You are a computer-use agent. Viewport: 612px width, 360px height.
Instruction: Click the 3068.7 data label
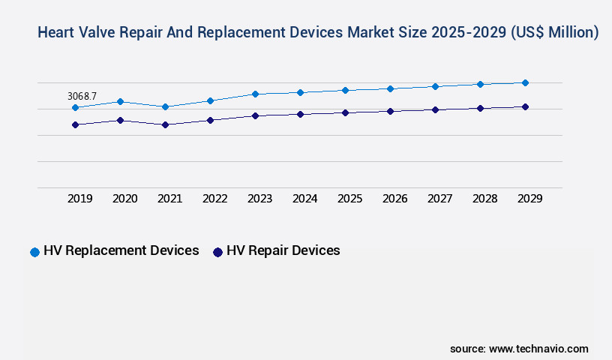[82, 96]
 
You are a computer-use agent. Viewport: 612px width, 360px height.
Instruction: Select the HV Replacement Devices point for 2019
[75, 107]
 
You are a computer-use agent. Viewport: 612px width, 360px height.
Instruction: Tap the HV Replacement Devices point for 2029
[525, 82]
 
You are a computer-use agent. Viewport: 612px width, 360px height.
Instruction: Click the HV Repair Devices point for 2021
[165, 124]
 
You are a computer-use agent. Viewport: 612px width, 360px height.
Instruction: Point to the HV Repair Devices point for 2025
[345, 112]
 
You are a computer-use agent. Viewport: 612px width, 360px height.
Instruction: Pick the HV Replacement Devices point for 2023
[255, 94]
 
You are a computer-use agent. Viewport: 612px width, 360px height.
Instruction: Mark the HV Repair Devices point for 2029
[525, 106]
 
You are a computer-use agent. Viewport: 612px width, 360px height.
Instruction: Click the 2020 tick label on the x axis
[124, 199]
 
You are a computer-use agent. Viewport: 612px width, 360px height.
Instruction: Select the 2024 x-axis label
[304, 199]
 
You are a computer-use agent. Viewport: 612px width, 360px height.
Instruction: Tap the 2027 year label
[439, 199]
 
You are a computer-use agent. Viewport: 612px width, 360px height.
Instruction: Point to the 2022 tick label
[214, 199]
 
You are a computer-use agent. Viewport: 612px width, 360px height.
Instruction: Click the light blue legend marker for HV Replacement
[34, 252]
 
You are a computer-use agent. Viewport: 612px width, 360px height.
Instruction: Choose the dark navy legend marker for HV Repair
[217, 252]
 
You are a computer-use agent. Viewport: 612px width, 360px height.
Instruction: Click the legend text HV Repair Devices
[283, 250]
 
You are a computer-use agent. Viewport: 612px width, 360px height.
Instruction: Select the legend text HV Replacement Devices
[121, 250]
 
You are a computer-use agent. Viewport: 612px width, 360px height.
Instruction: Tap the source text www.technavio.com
[538, 349]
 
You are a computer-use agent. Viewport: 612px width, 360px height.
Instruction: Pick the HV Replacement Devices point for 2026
[390, 88]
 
